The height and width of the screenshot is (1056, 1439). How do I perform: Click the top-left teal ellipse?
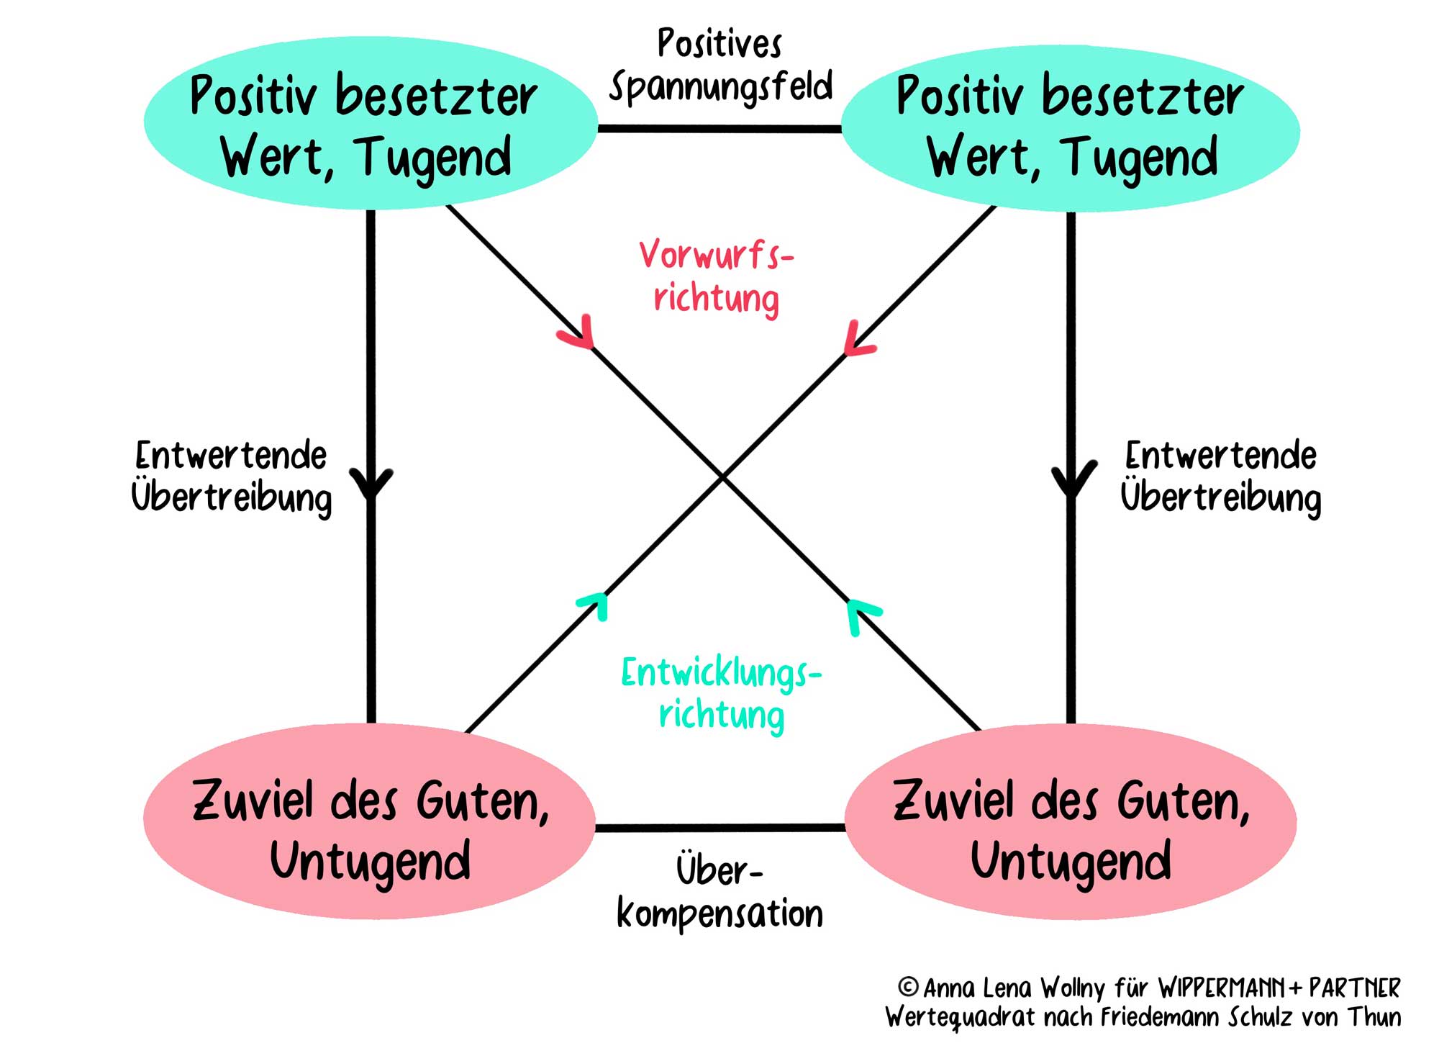coord(370,124)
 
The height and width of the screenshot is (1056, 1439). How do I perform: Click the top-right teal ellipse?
coord(1070,127)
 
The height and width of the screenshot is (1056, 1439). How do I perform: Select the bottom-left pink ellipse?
coord(369,821)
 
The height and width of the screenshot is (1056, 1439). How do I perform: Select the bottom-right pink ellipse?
coord(1071,821)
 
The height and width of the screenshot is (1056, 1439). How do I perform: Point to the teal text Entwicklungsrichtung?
coord(721,694)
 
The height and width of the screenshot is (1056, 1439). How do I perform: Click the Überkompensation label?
coord(719,893)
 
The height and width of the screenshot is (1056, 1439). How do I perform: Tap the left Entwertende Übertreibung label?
coord(231,477)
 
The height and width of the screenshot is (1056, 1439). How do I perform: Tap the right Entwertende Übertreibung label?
coord(1221,477)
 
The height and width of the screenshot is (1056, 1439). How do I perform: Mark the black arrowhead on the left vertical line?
coord(371,484)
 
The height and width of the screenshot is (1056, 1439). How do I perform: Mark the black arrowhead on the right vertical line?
coord(1072,480)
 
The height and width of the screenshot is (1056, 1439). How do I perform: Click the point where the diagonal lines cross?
coord(722,476)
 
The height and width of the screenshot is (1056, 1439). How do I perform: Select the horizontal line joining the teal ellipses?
coord(719,129)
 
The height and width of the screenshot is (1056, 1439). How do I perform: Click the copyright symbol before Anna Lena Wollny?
coord(909,986)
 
